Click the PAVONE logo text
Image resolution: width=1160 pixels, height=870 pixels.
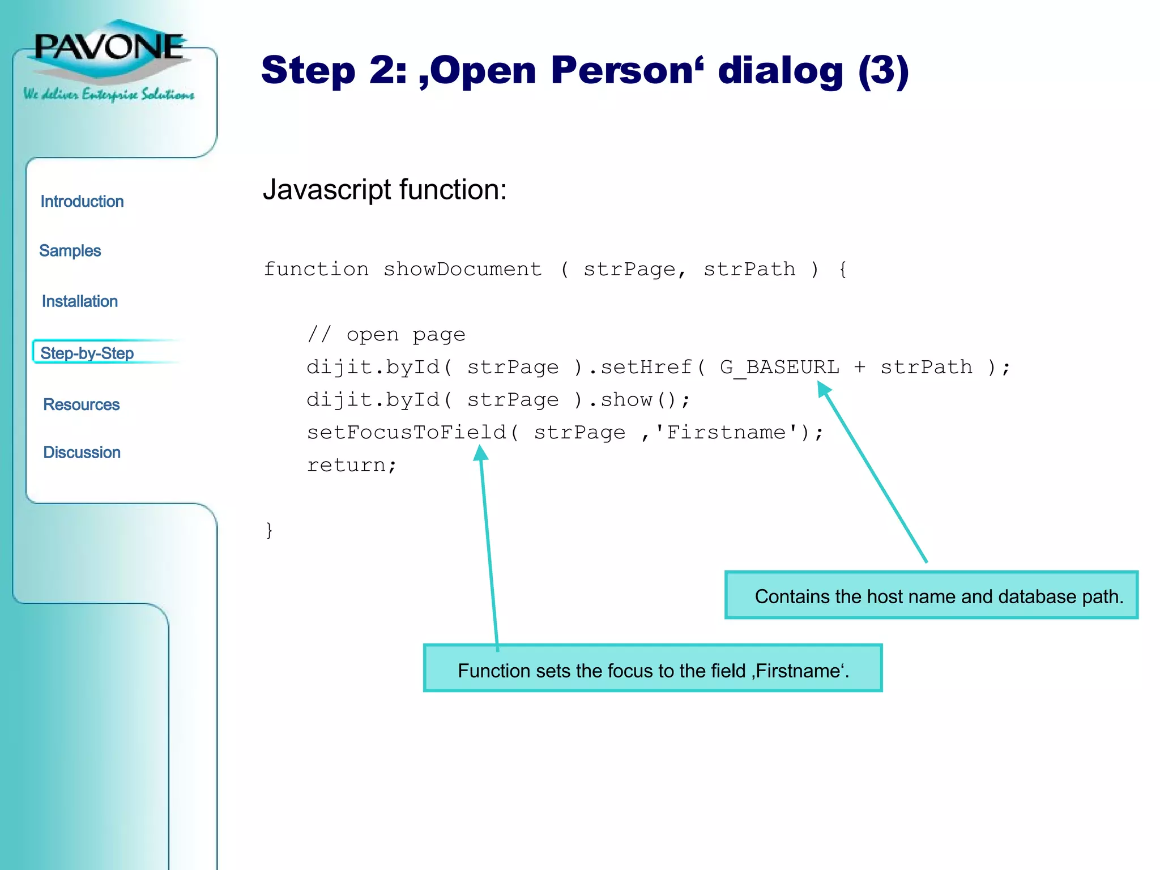(x=109, y=47)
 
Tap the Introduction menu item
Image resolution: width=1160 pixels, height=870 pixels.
(x=82, y=202)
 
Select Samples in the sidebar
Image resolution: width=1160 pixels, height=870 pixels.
(x=70, y=251)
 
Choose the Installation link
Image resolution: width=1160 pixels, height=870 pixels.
(x=80, y=301)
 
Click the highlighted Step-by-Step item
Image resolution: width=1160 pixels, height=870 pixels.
(x=87, y=353)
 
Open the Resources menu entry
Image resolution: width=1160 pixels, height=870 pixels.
(x=82, y=405)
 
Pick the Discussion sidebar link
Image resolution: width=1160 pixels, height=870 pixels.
(x=82, y=453)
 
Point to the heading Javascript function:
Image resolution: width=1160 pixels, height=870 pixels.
(x=385, y=190)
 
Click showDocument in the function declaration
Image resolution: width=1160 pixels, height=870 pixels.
(x=462, y=269)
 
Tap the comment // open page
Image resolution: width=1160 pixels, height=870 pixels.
(x=386, y=335)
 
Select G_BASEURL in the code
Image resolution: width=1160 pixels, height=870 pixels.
(x=779, y=368)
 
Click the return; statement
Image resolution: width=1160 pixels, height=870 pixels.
(x=352, y=465)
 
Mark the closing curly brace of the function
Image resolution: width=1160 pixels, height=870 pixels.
(x=270, y=530)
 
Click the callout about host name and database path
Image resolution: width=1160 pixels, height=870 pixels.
(x=932, y=596)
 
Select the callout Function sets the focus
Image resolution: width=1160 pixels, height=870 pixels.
(x=652, y=669)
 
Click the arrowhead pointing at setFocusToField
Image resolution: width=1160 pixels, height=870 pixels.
(x=481, y=453)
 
